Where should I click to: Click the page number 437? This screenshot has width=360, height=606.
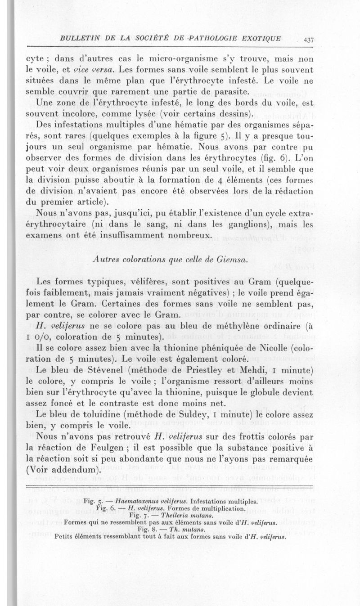pyautogui.click(x=308, y=40)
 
